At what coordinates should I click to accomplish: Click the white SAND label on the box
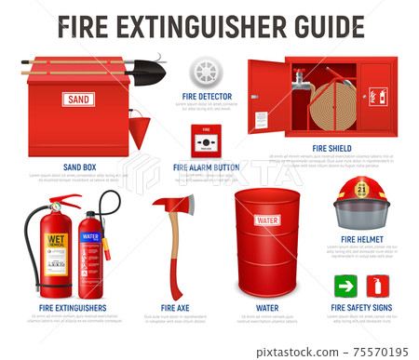click(78, 99)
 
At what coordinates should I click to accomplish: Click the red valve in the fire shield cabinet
click(299, 77)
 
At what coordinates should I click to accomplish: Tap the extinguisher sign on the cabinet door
click(378, 96)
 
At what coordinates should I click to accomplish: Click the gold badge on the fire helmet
click(362, 190)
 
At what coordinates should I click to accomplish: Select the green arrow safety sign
click(346, 286)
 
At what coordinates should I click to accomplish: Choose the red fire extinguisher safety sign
click(378, 286)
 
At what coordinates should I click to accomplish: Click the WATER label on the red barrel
click(267, 220)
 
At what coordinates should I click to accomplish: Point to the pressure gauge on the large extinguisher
click(55, 205)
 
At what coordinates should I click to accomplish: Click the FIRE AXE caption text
click(175, 307)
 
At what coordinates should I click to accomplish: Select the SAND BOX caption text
click(79, 167)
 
